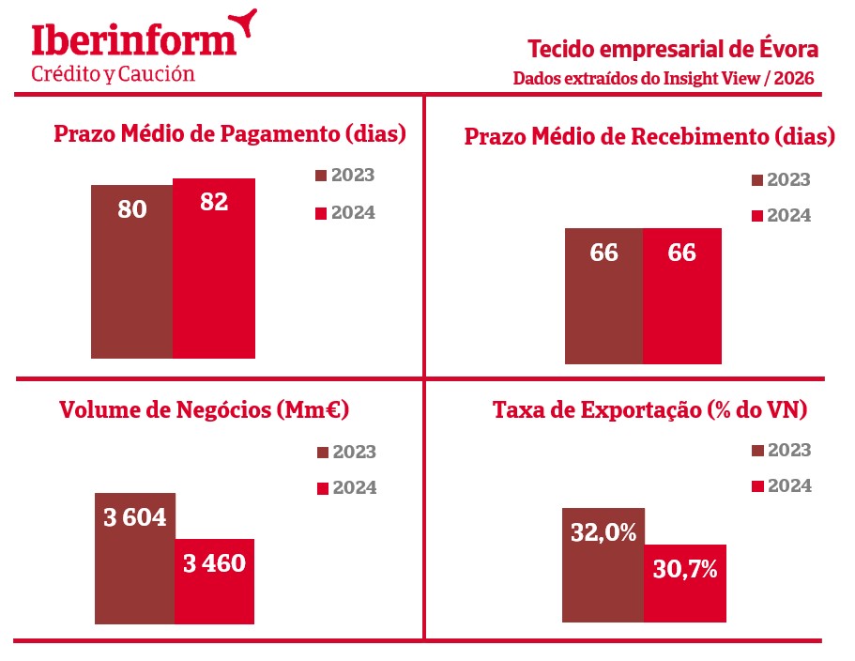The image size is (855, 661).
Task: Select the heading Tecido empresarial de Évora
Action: (x=673, y=48)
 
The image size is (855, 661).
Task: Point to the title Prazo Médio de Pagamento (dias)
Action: (x=230, y=133)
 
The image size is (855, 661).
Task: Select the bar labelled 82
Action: (x=214, y=268)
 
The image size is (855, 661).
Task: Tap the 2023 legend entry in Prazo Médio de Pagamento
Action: (x=344, y=176)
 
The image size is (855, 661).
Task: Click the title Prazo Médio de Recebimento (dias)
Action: (x=649, y=137)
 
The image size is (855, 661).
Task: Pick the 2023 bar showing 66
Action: (x=604, y=295)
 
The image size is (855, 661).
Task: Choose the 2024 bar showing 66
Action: (x=682, y=295)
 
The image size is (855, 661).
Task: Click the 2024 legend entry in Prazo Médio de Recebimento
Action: (x=781, y=216)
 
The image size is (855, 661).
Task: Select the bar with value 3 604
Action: (x=135, y=558)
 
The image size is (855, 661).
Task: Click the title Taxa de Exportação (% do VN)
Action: (x=650, y=410)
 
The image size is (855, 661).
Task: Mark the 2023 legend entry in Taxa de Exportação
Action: (x=781, y=451)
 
